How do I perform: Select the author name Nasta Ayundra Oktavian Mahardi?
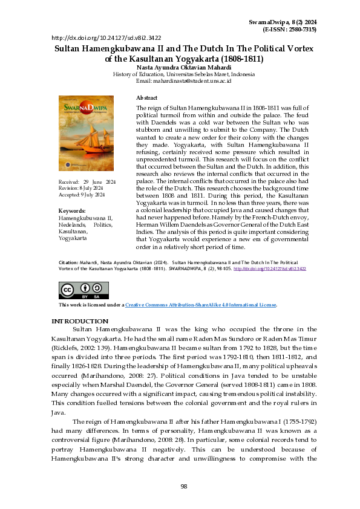(180, 67)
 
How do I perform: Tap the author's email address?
(180, 80)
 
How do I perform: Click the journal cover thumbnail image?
(85, 133)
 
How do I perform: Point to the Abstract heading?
(147, 97)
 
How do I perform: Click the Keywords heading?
(71, 210)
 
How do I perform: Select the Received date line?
(87, 182)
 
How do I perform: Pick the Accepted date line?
(81, 195)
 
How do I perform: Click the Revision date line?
(81, 189)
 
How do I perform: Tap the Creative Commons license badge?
(75, 291)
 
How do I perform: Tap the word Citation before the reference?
(68, 280)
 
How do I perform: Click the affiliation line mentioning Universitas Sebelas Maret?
(180, 74)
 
